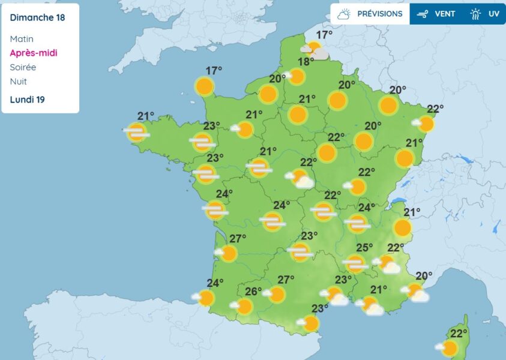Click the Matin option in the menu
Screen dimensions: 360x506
[x=22, y=39]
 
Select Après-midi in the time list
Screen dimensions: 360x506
[x=33, y=53]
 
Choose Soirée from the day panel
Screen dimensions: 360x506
[x=23, y=67]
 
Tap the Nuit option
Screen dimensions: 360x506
[x=18, y=82]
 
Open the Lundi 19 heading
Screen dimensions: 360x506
[x=27, y=99]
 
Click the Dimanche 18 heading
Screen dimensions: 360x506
[x=37, y=17]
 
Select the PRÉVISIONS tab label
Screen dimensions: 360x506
[x=380, y=14]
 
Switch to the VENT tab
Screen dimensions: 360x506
[x=445, y=14]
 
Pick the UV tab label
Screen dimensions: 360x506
[x=493, y=14]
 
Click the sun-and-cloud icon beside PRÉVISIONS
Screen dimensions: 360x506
[x=344, y=14]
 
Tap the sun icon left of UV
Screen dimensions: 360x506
[x=475, y=14]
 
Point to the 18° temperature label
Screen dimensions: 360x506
[x=306, y=62]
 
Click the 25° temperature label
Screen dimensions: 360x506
[x=364, y=248]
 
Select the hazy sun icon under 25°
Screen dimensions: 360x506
[x=355, y=263]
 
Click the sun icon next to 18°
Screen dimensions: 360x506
[x=296, y=76]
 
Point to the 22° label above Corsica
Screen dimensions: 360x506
[x=459, y=334]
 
